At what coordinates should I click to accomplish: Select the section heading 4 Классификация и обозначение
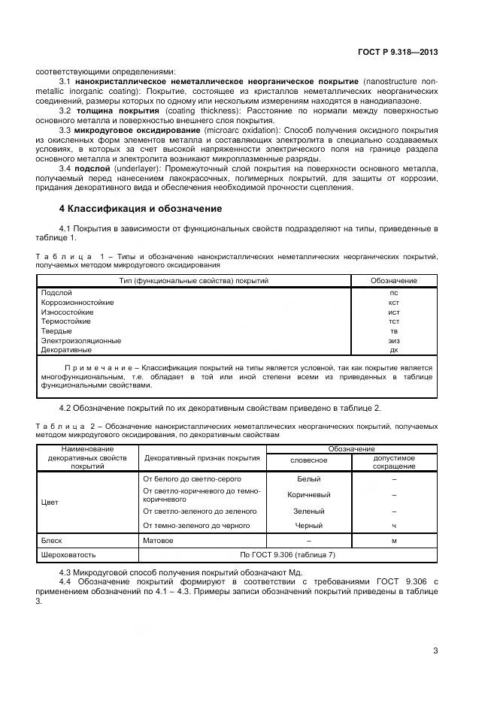[x=140, y=208]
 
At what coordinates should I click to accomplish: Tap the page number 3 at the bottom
[x=435, y=650]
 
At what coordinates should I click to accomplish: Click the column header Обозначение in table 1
[x=393, y=281]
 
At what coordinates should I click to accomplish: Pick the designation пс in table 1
[x=393, y=293]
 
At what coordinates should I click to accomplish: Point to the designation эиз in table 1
[x=393, y=340]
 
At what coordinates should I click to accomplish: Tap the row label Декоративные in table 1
[x=66, y=350]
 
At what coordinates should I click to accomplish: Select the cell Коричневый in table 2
[x=308, y=495]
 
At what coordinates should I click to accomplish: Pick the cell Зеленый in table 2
[x=308, y=511]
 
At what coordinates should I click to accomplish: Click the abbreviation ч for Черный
[x=394, y=525]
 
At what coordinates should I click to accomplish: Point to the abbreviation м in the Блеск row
[x=394, y=540]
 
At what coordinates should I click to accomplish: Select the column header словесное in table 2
[x=308, y=460]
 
